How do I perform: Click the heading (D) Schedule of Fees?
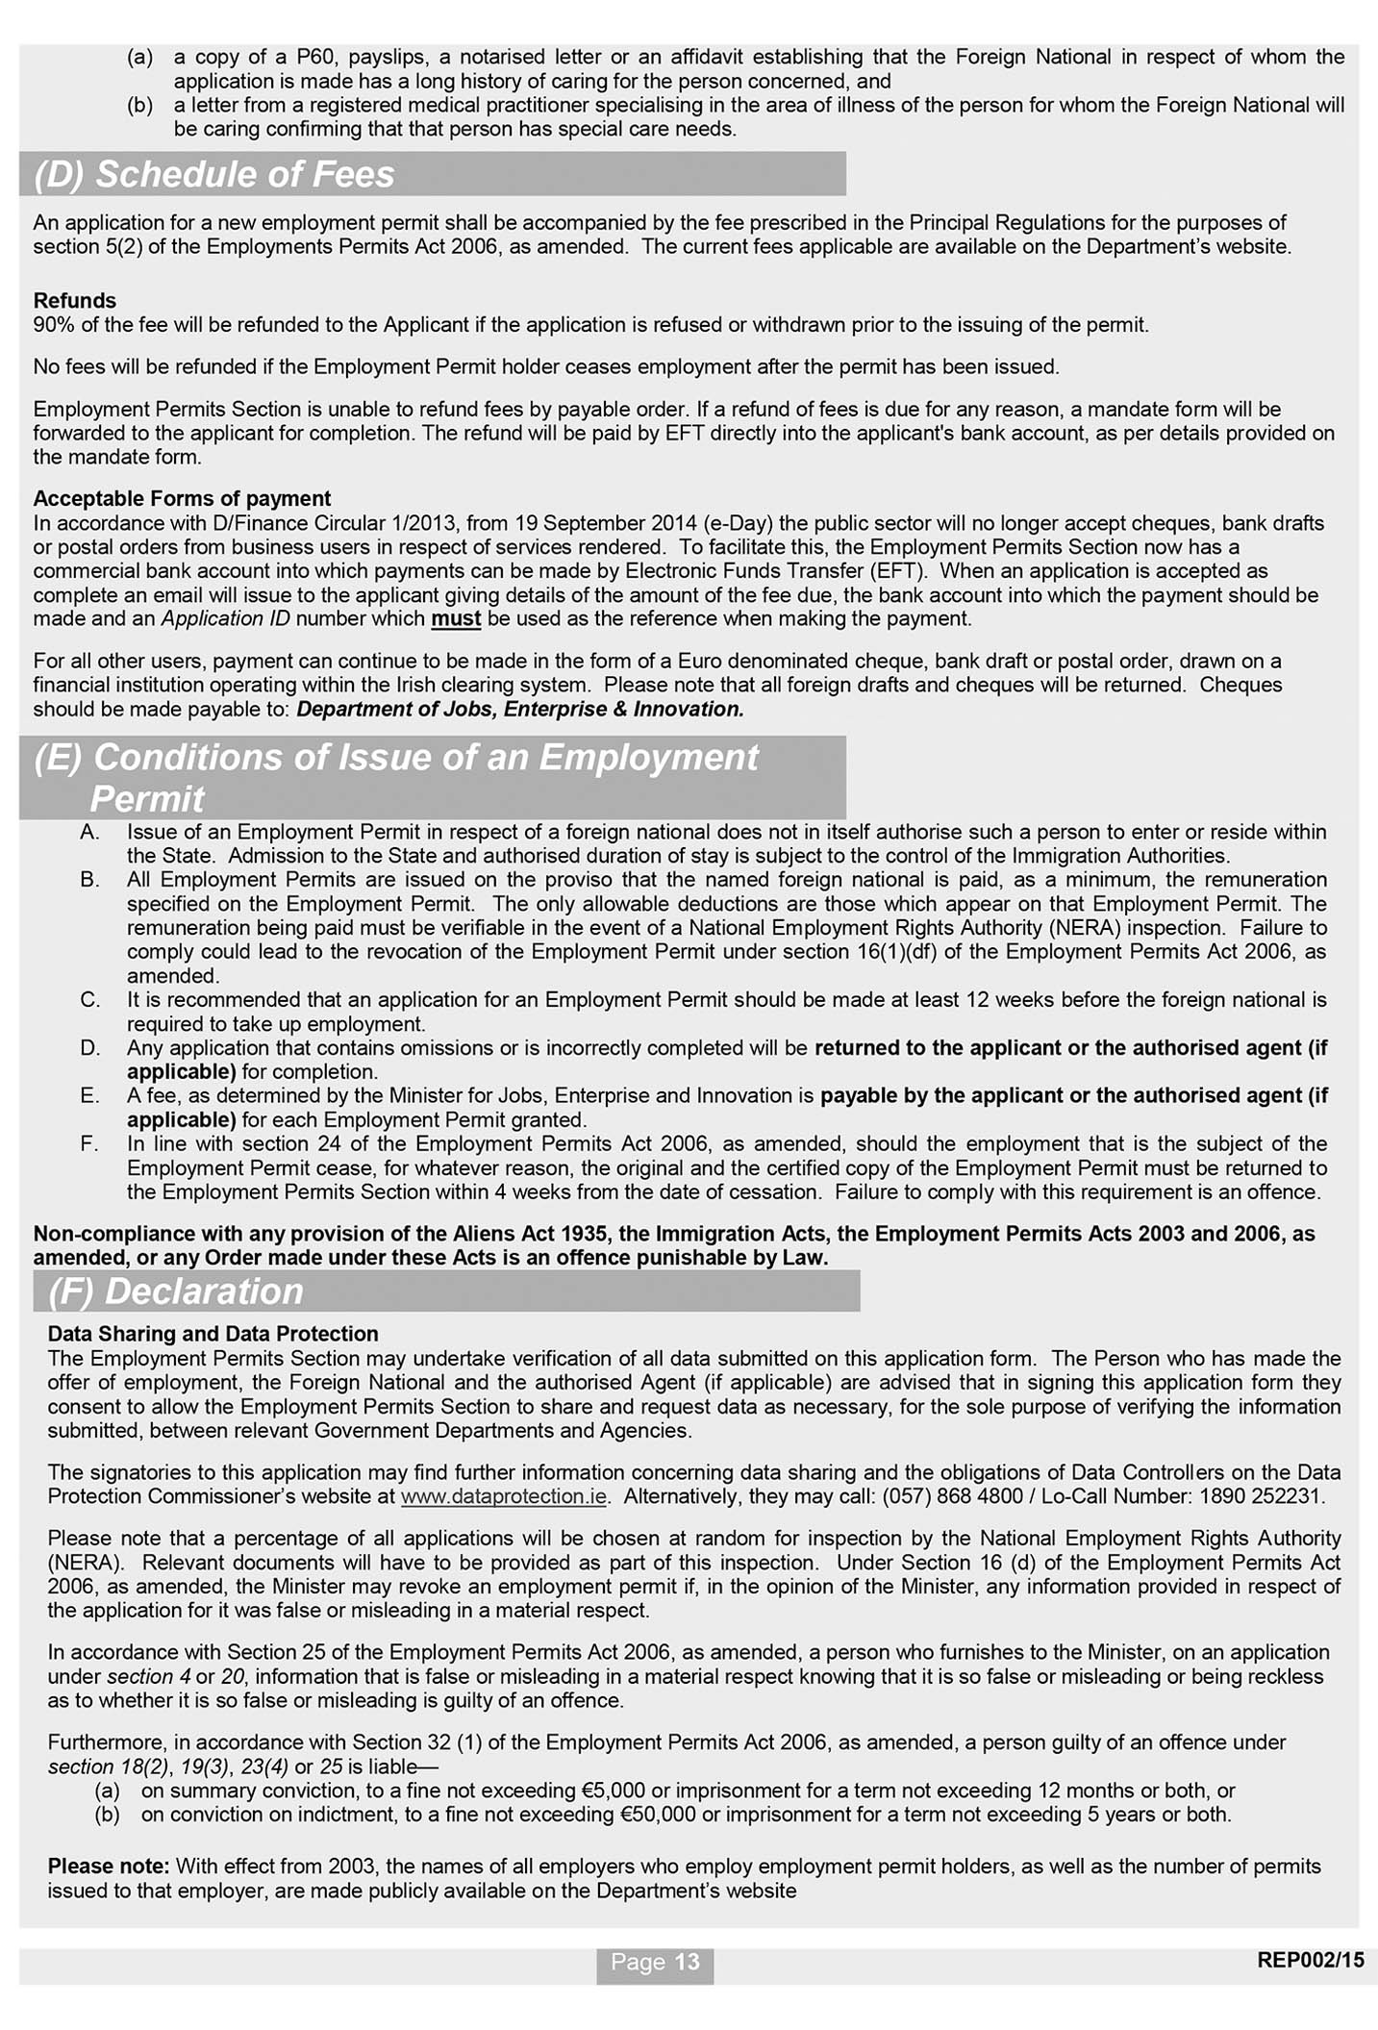point(214,175)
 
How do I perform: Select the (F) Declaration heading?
point(176,1291)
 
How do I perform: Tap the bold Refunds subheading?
point(74,301)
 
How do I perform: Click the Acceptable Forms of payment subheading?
point(182,499)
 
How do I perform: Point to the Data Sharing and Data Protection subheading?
point(213,1334)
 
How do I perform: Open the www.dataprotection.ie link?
point(503,1497)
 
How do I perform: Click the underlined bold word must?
point(456,619)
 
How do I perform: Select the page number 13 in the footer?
point(687,1962)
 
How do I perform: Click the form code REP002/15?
point(1310,1960)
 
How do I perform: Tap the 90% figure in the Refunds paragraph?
point(53,325)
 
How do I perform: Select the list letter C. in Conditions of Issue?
point(90,1000)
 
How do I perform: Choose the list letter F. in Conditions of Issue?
point(90,1144)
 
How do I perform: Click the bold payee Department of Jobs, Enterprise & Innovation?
point(520,710)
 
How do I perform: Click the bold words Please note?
point(109,1867)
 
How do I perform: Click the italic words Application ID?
point(225,619)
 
